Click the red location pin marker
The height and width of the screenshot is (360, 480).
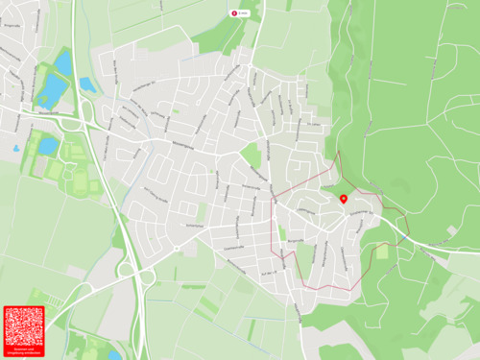pos(344,199)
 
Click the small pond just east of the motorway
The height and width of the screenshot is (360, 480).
pos(87,84)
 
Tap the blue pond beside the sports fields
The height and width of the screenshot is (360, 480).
pos(48,146)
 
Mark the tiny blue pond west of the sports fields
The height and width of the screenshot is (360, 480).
pos(15,149)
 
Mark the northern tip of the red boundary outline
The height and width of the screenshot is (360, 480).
pos(339,152)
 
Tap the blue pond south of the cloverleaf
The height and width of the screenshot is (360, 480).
pos(115,354)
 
